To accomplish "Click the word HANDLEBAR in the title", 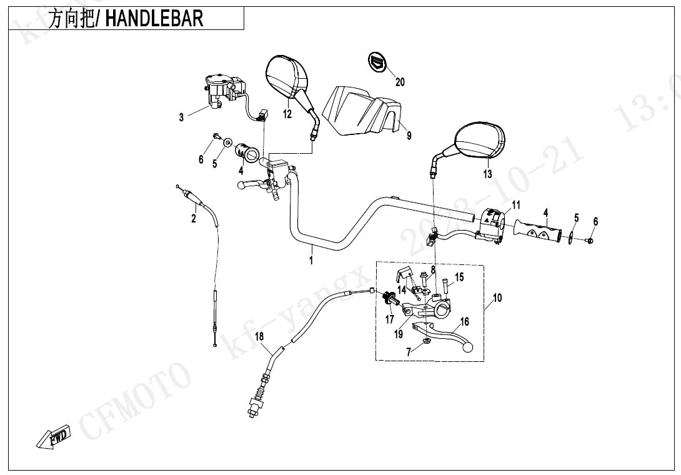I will coord(154,19).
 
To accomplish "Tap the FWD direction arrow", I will coord(54,437).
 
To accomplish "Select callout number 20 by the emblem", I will coord(400,82).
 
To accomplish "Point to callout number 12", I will coord(287,114).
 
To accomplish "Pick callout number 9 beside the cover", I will coord(409,135).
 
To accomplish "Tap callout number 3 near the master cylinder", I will coord(182,117).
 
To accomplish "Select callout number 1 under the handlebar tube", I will coord(311,261).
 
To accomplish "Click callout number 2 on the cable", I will coord(194,218).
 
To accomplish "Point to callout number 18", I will coord(260,337).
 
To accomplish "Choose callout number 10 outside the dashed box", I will coord(497,298).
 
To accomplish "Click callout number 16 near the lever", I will coord(464,322).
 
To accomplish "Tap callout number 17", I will coord(390,319).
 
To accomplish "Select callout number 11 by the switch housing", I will coord(516,205).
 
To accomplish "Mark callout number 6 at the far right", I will coord(595,222).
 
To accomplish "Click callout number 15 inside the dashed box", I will coord(459,277).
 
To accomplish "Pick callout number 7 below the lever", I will coord(409,352).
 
